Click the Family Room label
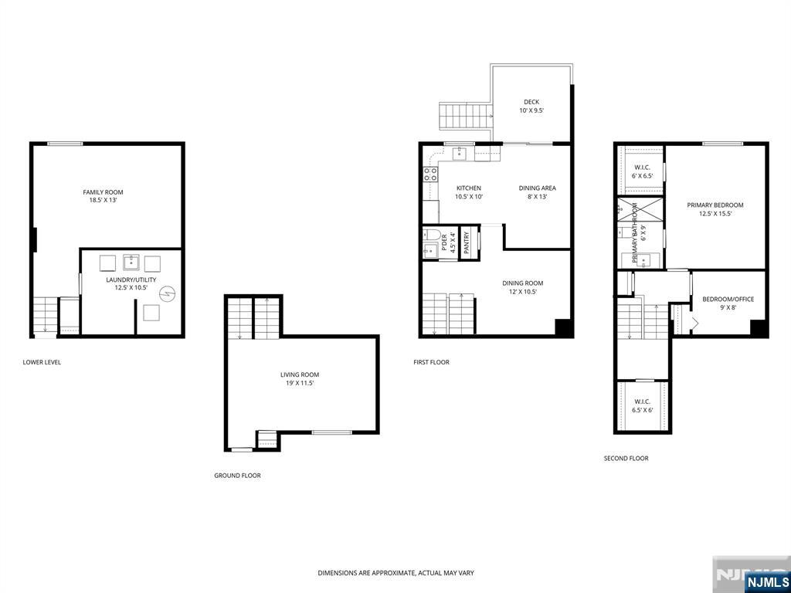tap(103, 196)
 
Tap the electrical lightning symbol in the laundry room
tap(167, 293)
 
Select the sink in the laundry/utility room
tap(131, 263)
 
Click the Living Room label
tap(300, 378)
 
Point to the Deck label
tap(531, 106)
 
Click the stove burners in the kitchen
tap(430, 175)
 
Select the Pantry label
tap(467, 242)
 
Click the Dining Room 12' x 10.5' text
tap(523, 287)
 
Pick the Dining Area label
tap(538, 192)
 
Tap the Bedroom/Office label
tap(728, 303)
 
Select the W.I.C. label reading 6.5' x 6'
tap(642, 406)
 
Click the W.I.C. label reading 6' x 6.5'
tap(642, 172)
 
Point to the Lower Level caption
tap(42, 362)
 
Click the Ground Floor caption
tap(238, 476)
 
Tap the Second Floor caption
tap(626, 459)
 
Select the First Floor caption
tap(431, 362)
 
